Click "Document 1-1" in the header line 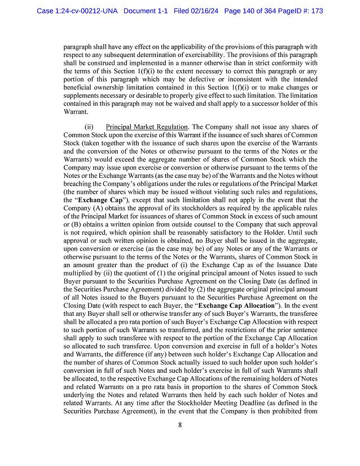[146, 11]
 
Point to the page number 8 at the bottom [180, 441]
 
